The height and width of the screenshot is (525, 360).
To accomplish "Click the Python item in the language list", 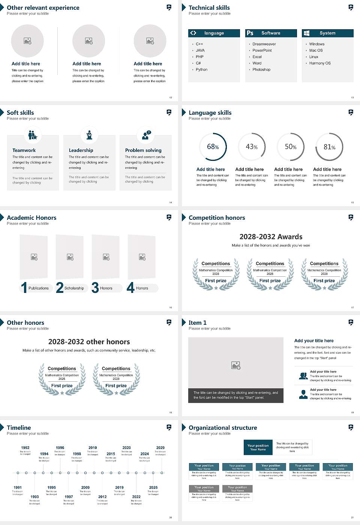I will pyautogui.click(x=201, y=70).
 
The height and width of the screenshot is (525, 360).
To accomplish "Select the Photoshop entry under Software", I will pyautogui.click(x=261, y=70).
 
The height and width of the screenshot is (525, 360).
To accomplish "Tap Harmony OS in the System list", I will pyautogui.click(x=320, y=63).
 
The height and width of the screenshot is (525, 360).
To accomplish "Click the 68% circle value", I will pyautogui.click(x=213, y=147).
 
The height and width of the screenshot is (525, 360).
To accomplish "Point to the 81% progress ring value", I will pyautogui.click(x=329, y=147).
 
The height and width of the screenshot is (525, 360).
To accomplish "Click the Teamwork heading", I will pyautogui.click(x=24, y=150).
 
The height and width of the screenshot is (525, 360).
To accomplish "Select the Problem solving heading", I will pyautogui.click(x=143, y=150).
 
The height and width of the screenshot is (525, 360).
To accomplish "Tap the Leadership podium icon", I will pyautogui.click(x=89, y=135).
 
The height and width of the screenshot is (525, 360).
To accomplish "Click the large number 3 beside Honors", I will pyautogui.click(x=95, y=288).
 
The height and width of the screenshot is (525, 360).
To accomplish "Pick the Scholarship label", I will pyautogui.click(x=74, y=288).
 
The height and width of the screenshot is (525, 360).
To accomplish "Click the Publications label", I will pyautogui.click(x=39, y=288).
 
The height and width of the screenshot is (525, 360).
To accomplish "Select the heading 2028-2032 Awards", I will pyautogui.click(x=271, y=237).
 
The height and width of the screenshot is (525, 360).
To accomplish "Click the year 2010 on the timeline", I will pyautogui.click(x=93, y=448).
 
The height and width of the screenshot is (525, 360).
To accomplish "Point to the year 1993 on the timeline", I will pyautogui.click(x=34, y=496).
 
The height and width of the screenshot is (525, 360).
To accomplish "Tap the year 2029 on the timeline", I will pyautogui.click(x=160, y=448).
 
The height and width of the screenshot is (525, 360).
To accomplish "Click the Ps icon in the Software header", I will pyautogui.click(x=250, y=33).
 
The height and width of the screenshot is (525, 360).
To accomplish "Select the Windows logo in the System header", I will pyautogui.click(x=306, y=33).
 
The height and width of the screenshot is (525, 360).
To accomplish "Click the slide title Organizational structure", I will pyautogui.click(x=223, y=428).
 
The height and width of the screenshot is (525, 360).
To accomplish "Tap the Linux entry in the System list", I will pyautogui.click(x=314, y=57).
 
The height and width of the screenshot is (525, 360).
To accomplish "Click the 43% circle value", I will pyautogui.click(x=252, y=147).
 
